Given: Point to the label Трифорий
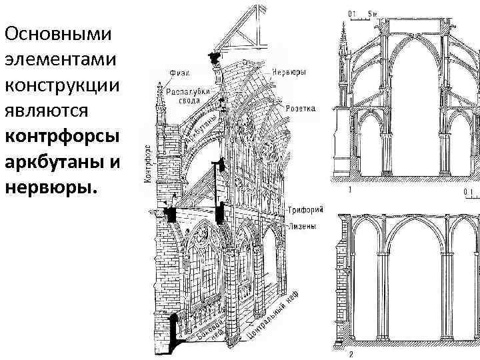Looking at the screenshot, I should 306,209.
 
